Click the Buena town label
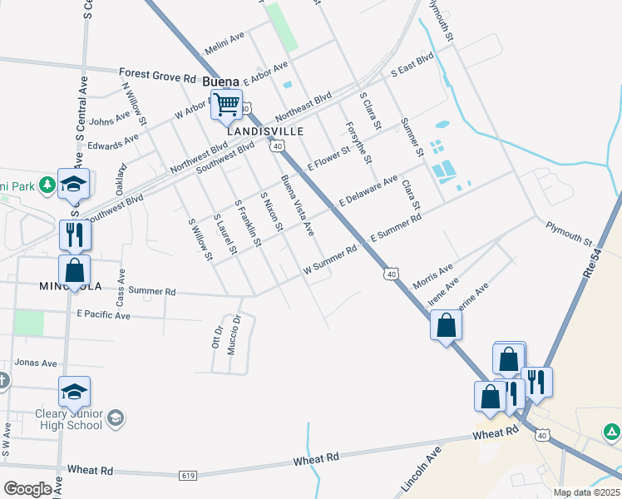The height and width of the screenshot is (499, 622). pos(221,82)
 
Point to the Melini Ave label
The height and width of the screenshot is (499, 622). pos(224,38)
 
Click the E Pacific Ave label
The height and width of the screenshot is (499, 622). pos(103,315)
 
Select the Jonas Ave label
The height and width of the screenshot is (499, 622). pos(36,363)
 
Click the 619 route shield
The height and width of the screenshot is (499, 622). pos(188,475)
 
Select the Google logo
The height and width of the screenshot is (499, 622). pos(27,489)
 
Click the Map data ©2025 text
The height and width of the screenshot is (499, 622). pos(586,492)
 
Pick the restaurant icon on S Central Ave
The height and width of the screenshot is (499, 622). pos(75,235)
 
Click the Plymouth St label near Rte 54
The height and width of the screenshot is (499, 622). pos(569,235)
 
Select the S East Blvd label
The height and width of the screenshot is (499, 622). pos(413,66)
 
